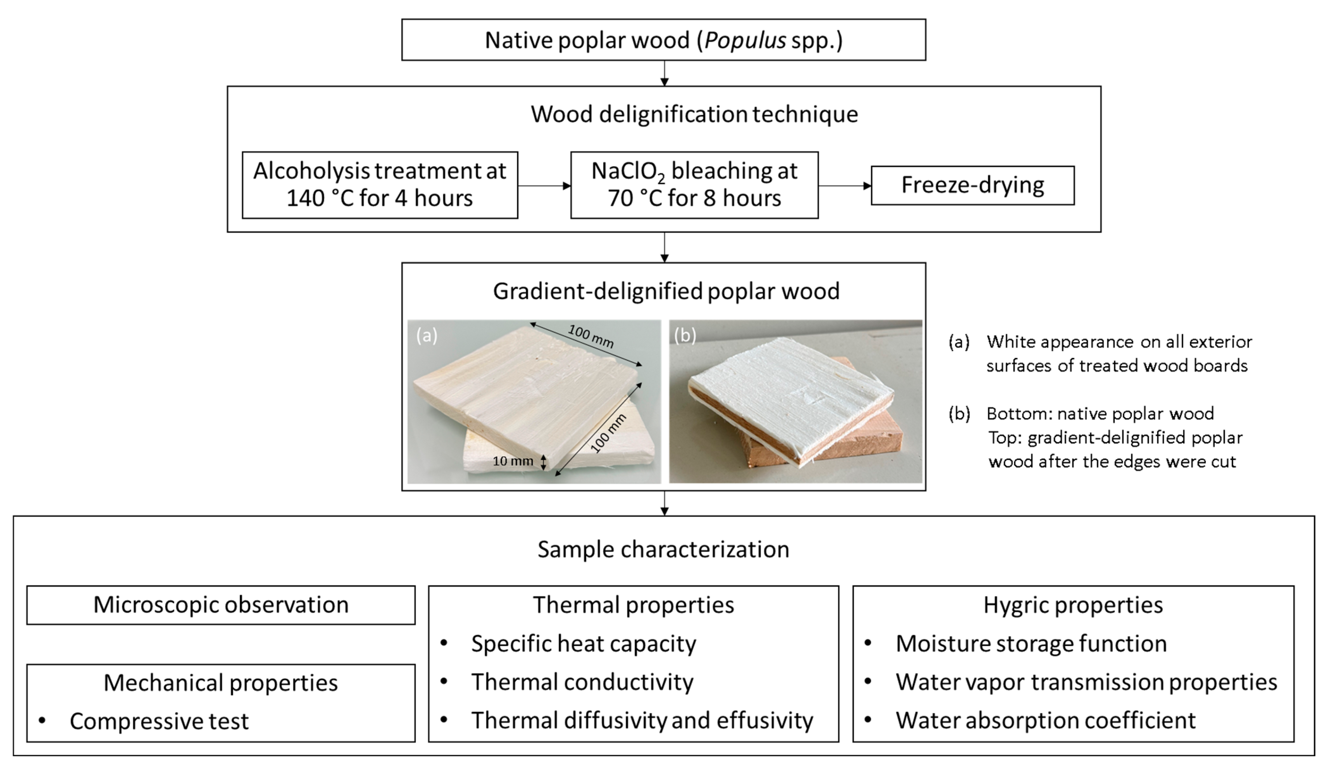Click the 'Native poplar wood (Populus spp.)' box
pyautogui.click(x=664, y=40)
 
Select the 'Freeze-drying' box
pyautogui.click(x=972, y=185)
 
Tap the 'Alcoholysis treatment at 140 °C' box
pyautogui.click(x=380, y=184)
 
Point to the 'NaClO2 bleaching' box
pyautogui.click(x=694, y=184)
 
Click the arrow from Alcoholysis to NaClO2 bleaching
pyautogui.click(x=544, y=186)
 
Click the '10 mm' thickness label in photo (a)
pyautogui.click(x=513, y=461)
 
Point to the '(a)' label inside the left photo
pyautogui.click(x=427, y=335)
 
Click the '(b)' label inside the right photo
pyautogui.click(x=685, y=335)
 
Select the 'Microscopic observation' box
pyautogui.click(x=221, y=605)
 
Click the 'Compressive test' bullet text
pyautogui.click(x=159, y=721)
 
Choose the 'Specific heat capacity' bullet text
pyautogui.click(x=583, y=643)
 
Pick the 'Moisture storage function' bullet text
pyautogui.click(x=1031, y=643)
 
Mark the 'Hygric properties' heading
pyautogui.click(x=1073, y=605)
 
